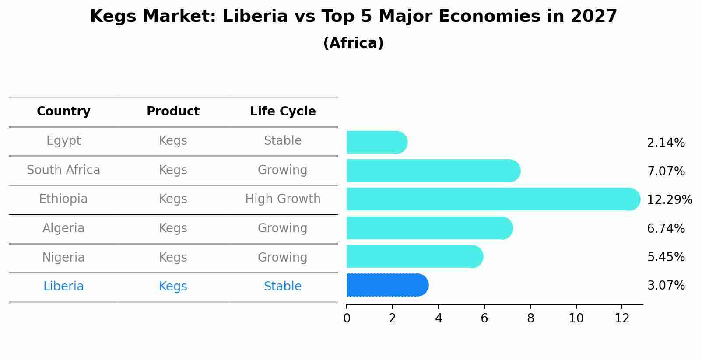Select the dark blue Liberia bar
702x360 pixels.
pyautogui.click(x=387, y=285)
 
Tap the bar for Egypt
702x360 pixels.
pyautogui.click(x=376, y=142)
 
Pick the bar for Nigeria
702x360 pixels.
pyautogui.click(x=414, y=256)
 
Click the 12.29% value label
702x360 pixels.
pyautogui.click(x=669, y=200)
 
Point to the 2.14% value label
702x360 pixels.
pyautogui.click(x=666, y=143)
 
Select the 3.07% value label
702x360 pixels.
pyautogui.click(x=666, y=286)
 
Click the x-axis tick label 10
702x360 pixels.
pyautogui.click(x=576, y=318)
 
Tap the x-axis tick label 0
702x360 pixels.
pyautogui.click(x=347, y=318)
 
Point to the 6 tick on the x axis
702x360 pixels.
pyautogui.click(x=484, y=318)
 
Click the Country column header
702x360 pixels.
pyautogui.click(x=63, y=112)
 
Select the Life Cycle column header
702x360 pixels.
pyautogui.click(x=283, y=112)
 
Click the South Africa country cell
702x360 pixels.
pyautogui.click(x=63, y=170)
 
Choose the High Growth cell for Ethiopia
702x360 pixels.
pyautogui.click(x=283, y=199)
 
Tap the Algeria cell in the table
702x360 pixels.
pyautogui.click(x=63, y=228)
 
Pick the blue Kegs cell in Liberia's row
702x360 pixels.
pyautogui.click(x=173, y=287)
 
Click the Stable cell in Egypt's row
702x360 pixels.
pyautogui.click(x=283, y=141)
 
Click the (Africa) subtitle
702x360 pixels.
pyautogui.click(x=353, y=43)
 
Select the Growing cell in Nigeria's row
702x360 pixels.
pyautogui.click(x=283, y=257)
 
